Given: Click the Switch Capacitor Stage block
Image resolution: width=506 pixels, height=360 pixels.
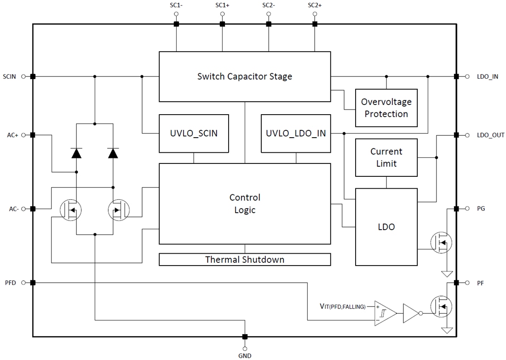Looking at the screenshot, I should [244, 76].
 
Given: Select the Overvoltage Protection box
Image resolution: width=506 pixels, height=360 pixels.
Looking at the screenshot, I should [386, 108].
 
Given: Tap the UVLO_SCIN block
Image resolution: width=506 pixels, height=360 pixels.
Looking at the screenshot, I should [194, 134].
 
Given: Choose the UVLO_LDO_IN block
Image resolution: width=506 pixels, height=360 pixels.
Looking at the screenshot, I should [295, 134].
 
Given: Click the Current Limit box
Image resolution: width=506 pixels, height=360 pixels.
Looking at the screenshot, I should [386, 157].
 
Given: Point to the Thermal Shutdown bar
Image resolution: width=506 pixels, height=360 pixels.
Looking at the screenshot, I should [244, 260].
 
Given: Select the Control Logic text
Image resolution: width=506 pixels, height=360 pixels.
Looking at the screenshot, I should [244, 203].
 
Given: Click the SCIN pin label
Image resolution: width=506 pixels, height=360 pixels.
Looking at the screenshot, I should [10, 76].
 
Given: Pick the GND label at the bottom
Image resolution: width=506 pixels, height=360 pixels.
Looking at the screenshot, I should [244, 355].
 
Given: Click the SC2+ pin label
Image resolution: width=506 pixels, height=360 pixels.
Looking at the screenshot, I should [315, 6].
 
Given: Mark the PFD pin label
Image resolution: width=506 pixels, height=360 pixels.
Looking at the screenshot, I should [10, 283].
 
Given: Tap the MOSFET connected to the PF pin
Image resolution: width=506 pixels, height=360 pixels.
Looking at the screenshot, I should [441, 305].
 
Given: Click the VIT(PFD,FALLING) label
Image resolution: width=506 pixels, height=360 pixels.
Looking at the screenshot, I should [343, 306].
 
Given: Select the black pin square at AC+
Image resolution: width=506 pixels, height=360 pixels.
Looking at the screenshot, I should [33, 135].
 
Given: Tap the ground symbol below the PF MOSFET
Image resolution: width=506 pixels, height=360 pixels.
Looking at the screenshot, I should [447, 331].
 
